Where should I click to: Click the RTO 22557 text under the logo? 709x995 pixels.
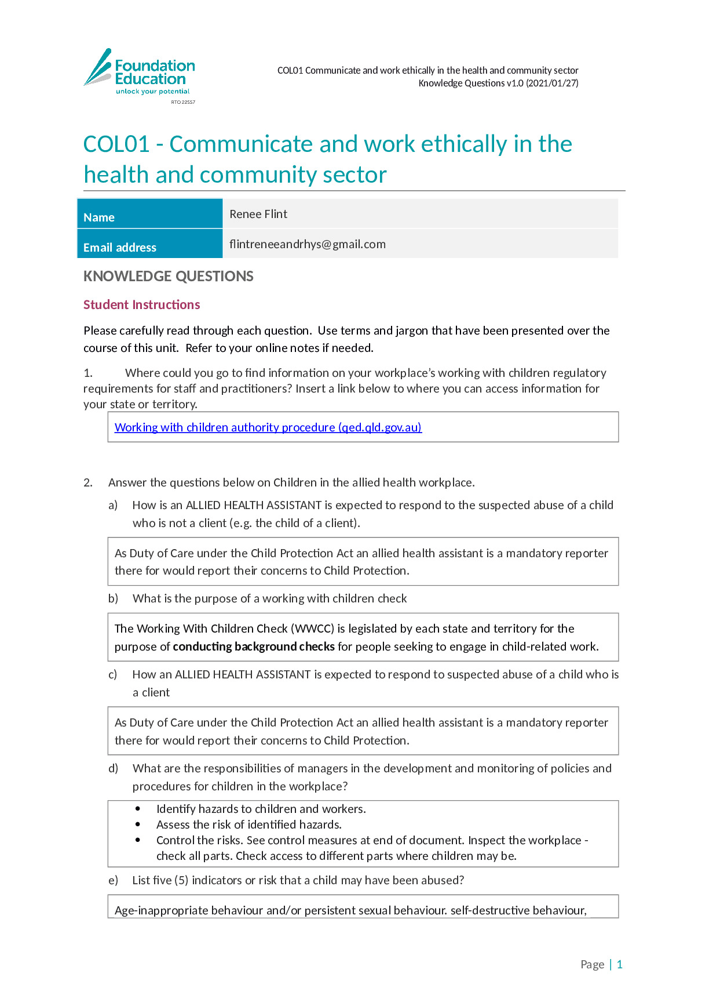coord(183,102)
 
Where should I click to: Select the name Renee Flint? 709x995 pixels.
coord(258,214)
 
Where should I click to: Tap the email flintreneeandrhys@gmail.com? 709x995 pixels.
coord(307,244)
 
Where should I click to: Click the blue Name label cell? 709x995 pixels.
coord(149,213)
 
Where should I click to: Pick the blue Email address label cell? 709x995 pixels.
coord(149,244)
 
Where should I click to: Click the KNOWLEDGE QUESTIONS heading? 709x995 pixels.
coord(168,276)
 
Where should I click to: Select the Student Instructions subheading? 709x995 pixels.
coord(141,305)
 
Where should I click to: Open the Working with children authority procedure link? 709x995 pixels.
coord(268,427)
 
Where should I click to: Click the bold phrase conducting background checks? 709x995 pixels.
coord(254,647)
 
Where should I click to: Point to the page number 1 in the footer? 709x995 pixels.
coord(619,964)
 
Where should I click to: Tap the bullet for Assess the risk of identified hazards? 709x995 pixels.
coord(138,824)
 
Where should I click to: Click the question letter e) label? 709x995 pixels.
coord(113,880)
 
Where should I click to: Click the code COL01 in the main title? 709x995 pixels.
coord(116,144)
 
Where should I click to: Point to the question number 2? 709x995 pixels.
coord(87,482)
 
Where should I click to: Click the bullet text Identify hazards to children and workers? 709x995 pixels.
coord(261,809)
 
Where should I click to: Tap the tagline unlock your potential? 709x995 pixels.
coord(152,92)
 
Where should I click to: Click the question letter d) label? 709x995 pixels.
coord(113,768)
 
